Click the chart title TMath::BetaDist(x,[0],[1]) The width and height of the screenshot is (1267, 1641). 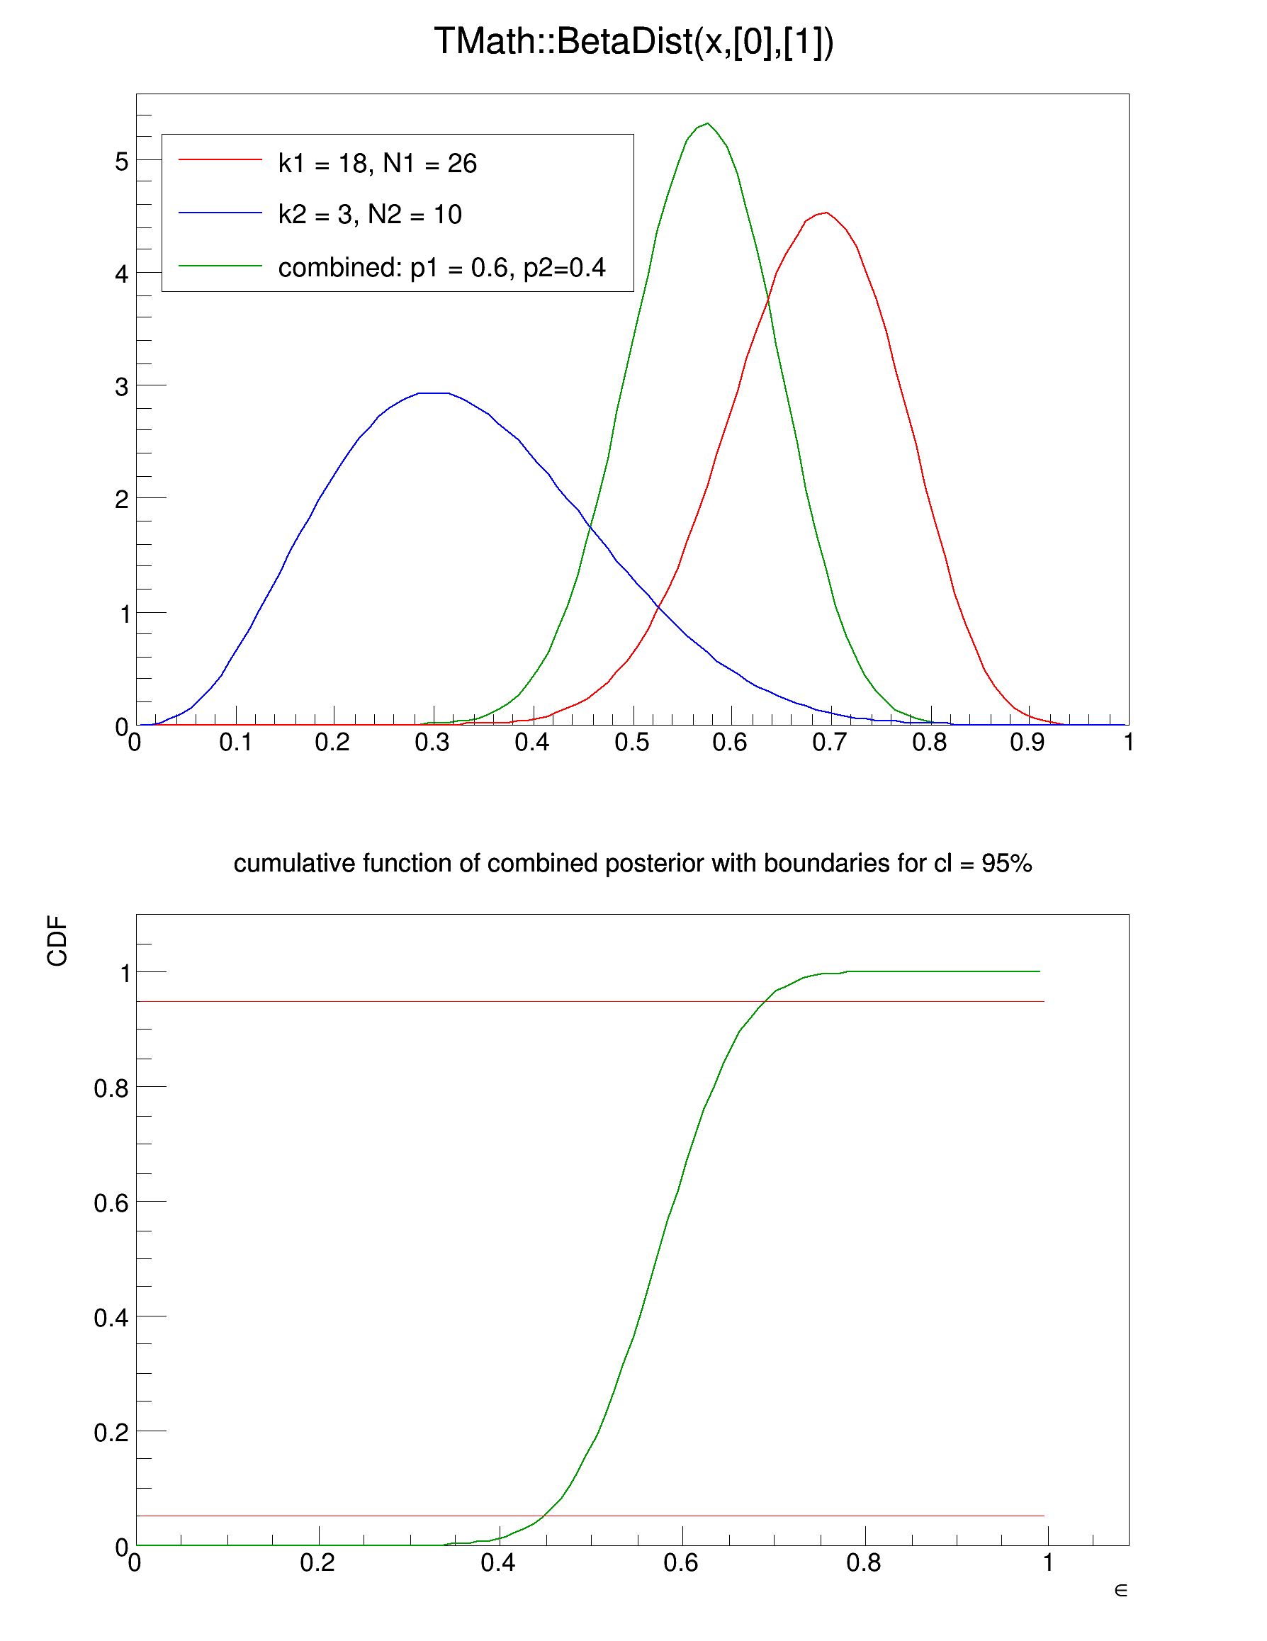pyautogui.click(x=633, y=42)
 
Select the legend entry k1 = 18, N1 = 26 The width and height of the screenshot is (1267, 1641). pyautogui.click(x=376, y=163)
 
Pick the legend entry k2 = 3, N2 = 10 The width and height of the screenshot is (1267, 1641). pyautogui.click(x=369, y=215)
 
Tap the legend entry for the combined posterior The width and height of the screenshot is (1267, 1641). pyautogui.click(x=441, y=268)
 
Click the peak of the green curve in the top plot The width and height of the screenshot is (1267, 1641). pyautogui.click(x=707, y=124)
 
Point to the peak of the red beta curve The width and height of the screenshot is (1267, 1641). pyautogui.click(x=826, y=213)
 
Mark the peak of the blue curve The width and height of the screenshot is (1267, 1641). pyautogui.click(x=434, y=393)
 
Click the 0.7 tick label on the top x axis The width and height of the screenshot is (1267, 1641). pyautogui.click(x=829, y=743)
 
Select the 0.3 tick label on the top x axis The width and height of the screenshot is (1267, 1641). pyautogui.click(x=432, y=743)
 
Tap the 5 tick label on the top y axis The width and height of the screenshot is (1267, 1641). pyautogui.click(x=122, y=162)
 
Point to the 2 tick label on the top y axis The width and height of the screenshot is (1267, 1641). pyautogui.click(x=122, y=500)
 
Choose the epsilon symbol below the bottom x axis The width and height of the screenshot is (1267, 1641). pyautogui.click(x=1120, y=1591)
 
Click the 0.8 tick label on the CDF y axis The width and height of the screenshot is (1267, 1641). pyautogui.click(x=111, y=1088)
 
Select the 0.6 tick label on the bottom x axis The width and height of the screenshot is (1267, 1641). pyautogui.click(x=681, y=1564)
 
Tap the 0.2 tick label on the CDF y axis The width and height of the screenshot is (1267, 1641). pyautogui.click(x=111, y=1433)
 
